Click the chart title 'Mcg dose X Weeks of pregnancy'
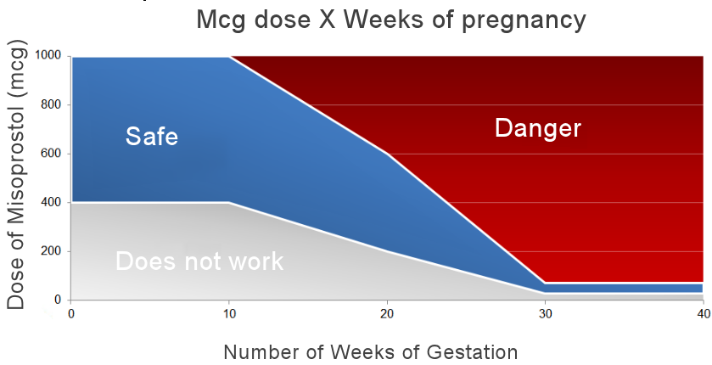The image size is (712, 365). pyautogui.click(x=391, y=20)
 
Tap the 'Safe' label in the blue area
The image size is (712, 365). pyautogui.click(x=152, y=136)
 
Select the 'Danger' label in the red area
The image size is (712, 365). pyautogui.click(x=537, y=128)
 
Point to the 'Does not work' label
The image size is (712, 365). pyautogui.click(x=199, y=261)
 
